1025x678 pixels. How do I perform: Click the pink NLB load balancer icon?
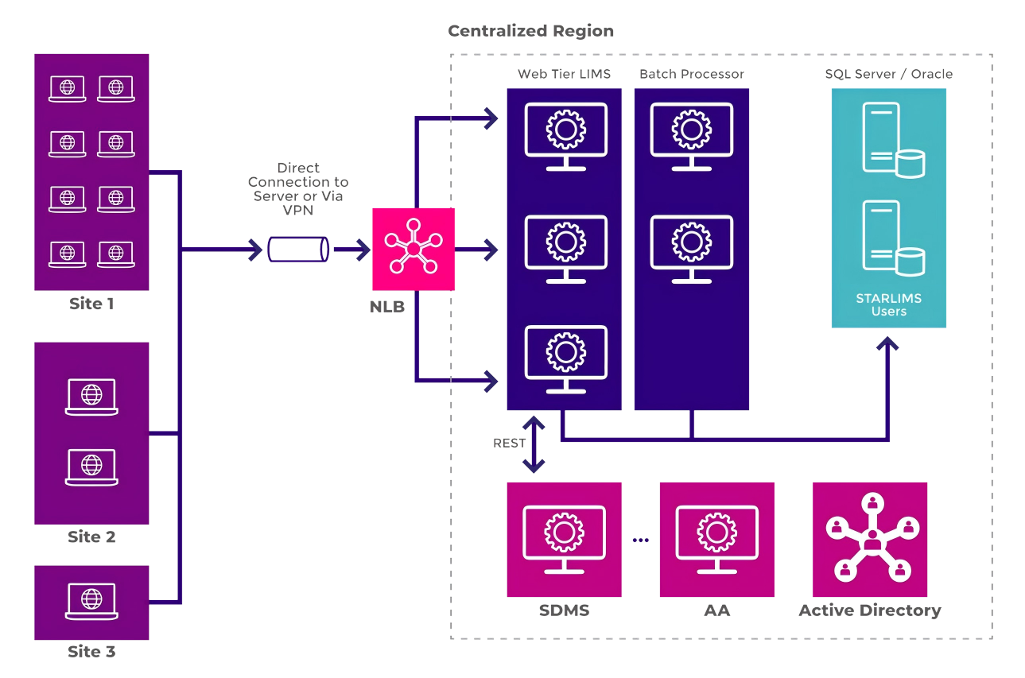tap(413, 249)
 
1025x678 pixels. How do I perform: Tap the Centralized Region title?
tap(530, 32)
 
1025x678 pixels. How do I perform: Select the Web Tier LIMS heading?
tap(564, 74)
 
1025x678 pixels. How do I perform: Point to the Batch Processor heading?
tap(692, 74)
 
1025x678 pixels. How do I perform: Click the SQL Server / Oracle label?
tap(888, 74)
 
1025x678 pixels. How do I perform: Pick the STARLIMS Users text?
tap(888, 305)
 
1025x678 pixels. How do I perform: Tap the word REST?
tap(510, 444)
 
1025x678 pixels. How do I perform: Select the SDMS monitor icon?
tap(564, 538)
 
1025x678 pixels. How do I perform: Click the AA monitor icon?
tap(716, 538)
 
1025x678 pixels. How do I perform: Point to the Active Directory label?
tap(870, 610)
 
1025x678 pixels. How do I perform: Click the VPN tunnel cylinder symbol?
tap(298, 250)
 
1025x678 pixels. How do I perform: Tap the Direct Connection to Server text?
tap(298, 182)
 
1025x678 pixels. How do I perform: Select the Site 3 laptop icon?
tap(91, 602)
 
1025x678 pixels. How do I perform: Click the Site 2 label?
tap(91, 537)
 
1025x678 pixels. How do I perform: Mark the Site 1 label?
tap(91, 304)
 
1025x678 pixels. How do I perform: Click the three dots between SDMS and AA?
tap(641, 540)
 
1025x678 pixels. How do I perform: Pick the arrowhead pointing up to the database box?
tap(889, 343)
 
